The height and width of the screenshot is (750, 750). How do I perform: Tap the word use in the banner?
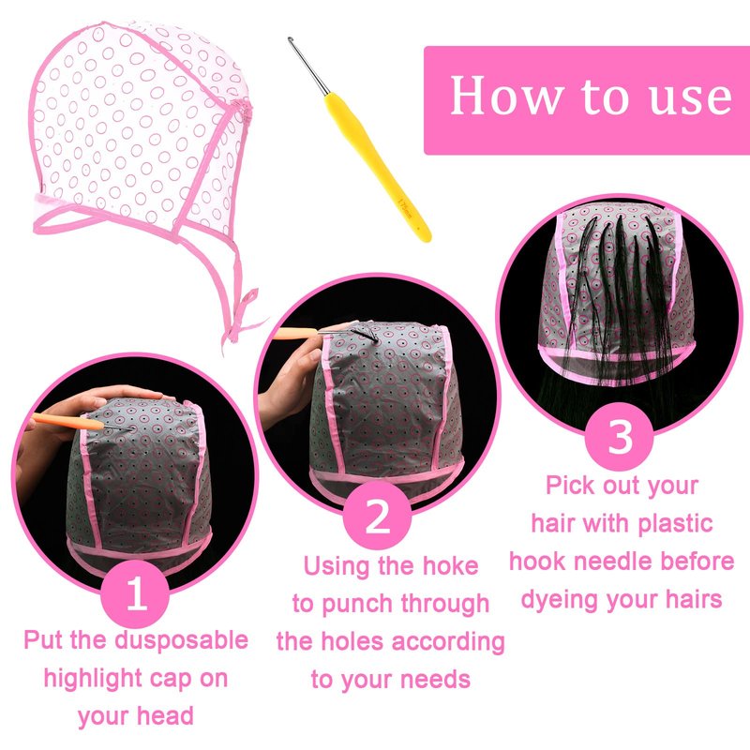click(690, 98)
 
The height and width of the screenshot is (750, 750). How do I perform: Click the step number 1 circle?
click(136, 593)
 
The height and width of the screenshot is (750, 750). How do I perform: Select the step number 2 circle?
click(377, 516)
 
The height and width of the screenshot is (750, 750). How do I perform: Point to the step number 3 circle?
click(620, 436)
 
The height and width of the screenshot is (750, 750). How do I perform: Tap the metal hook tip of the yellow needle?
click(290, 39)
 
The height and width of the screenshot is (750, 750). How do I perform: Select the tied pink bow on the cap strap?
click(239, 316)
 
